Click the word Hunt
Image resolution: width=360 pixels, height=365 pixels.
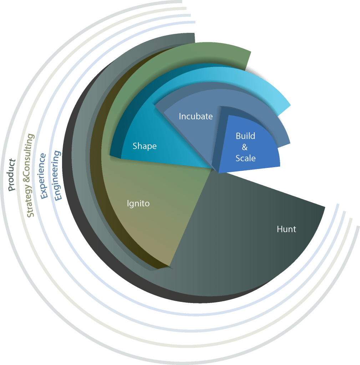coord(286,229)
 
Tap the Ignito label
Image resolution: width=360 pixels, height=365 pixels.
coord(138,204)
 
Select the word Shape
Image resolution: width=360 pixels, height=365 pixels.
coord(144,146)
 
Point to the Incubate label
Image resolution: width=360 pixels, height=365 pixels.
coord(196,116)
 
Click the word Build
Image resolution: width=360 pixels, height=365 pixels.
coord(245,136)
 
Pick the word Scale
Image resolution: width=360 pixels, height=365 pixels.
coord(245,158)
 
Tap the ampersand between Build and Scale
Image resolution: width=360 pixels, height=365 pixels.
coord(245,147)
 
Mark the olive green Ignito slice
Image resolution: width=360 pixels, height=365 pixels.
coord(143,228)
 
